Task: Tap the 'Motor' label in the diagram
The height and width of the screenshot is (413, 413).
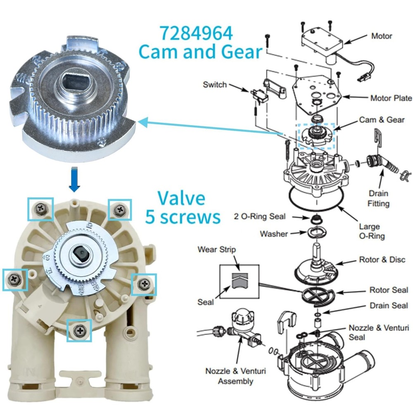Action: point(381,36)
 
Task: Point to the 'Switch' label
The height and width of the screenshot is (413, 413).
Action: point(215,85)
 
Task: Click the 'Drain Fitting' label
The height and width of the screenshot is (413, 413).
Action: point(378,198)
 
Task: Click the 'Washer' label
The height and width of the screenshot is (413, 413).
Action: point(274,234)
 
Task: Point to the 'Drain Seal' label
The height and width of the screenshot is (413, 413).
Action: point(389,306)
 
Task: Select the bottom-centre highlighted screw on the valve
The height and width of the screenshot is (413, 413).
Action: point(79,330)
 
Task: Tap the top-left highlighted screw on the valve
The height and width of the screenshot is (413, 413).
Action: point(40,209)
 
